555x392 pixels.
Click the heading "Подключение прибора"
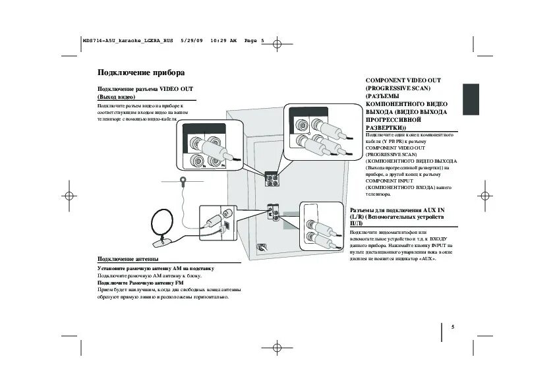pyautogui.click(x=140, y=72)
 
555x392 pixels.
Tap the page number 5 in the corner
pyautogui.click(x=453, y=327)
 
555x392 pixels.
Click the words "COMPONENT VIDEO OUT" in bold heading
pyautogui.click(x=403, y=80)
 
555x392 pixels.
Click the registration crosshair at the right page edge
pyautogui.click(x=484, y=196)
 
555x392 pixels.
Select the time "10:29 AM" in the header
pyautogui.click(x=223, y=41)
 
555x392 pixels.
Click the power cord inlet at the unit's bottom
pyautogui.click(x=262, y=248)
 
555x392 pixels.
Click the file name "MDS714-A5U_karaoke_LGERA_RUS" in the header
pyautogui.click(x=118, y=41)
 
